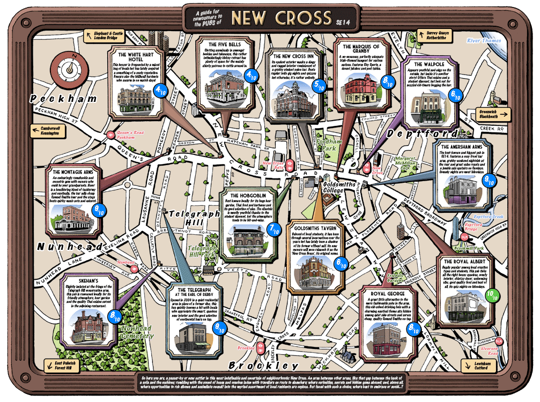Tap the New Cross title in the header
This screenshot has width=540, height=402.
pyautogui.click(x=281, y=18)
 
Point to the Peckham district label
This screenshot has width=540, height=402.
pyautogui.click(x=64, y=99)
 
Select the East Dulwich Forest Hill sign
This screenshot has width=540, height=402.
pyautogui.click(x=60, y=366)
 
